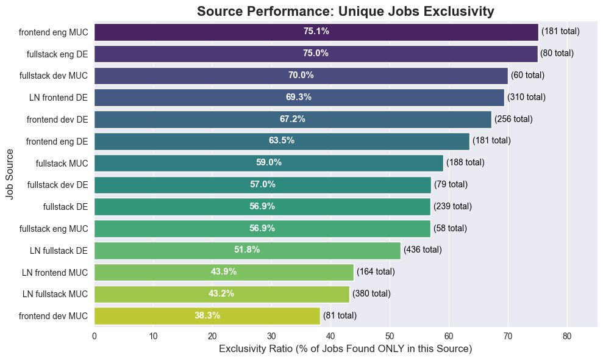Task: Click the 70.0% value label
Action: click(301, 76)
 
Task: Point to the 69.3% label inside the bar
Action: click(299, 97)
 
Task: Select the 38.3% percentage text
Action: click(207, 315)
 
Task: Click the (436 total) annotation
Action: click(423, 250)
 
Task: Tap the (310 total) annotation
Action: click(526, 97)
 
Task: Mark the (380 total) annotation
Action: click(371, 293)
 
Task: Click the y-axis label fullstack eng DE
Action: click(57, 54)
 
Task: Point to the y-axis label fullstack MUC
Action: click(62, 163)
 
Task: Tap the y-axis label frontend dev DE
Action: click(57, 119)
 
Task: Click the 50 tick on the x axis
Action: click(390, 336)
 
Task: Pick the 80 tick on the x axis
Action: click(567, 336)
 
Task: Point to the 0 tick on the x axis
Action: click(95, 336)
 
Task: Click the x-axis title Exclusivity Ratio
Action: click(345, 349)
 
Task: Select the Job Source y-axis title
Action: click(10, 174)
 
